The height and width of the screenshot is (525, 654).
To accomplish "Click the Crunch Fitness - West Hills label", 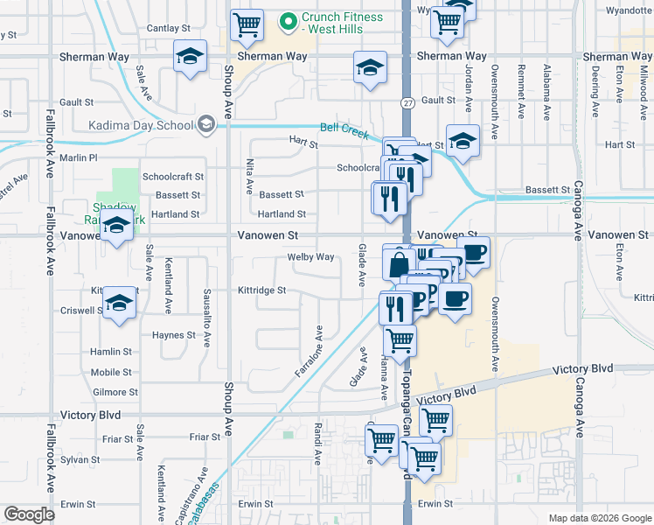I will (x=342, y=24).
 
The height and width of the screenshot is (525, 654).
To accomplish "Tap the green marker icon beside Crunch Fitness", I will (x=286, y=18).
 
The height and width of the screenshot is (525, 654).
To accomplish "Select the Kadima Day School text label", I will (x=141, y=124).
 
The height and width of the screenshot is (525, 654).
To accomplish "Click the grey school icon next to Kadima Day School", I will (x=205, y=124).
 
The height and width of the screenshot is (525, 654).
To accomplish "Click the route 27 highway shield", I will (x=408, y=102).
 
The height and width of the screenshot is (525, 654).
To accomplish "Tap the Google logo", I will (x=29, y=514).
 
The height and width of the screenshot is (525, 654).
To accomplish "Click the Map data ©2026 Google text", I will (x=599, y=518).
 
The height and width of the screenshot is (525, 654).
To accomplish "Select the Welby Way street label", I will (x=311, y=257).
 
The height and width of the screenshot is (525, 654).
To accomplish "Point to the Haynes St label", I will (x=173, y=335).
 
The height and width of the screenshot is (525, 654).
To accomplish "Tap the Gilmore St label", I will (x=115, y=393).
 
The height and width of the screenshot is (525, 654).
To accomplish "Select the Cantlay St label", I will (x=163, y=29).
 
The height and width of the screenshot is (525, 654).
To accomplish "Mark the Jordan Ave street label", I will (x=469, y=90).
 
